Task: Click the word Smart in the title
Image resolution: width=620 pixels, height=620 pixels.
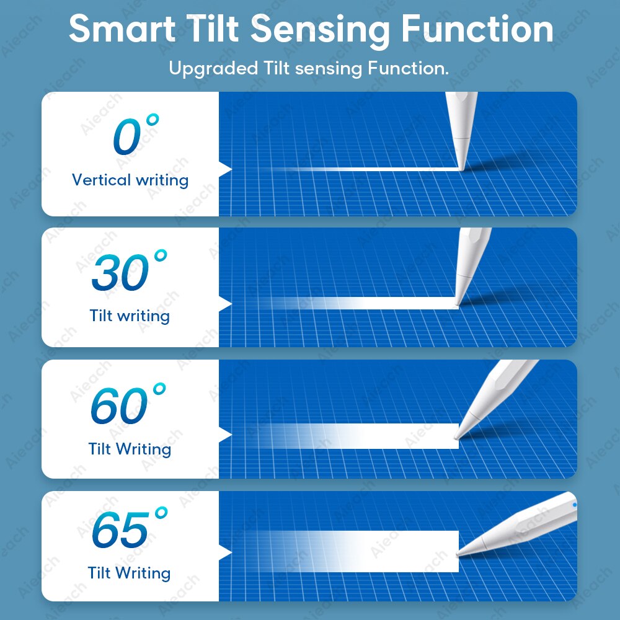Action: click(x=122, y=29)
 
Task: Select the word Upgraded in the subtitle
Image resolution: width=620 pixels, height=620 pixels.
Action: click(x=213, y=68)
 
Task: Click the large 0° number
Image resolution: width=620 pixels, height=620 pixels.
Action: click(x=136, y=135)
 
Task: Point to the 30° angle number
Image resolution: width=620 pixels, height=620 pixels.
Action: click(x=129, y=270)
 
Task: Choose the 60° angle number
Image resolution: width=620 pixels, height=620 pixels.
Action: click(x=128, y=404)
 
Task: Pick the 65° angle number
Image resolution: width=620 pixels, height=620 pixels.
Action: click(x=130, y=528)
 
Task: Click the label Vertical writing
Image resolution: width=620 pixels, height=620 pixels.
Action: click(x=130, y=180)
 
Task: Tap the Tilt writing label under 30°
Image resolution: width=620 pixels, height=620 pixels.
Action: click(x=130, y=316)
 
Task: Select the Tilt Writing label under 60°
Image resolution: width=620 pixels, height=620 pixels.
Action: click(x=130, y=449)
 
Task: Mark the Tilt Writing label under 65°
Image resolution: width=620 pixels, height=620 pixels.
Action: click(x=130, y=573)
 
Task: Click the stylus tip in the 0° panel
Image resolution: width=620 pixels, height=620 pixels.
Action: click(x=461, y=169)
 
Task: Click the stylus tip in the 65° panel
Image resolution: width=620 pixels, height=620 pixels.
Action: click(x=459, y=554)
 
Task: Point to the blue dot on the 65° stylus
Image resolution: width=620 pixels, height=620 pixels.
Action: click(x=575, y=505)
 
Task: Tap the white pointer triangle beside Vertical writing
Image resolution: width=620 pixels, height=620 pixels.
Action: click(x=224, y=169)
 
